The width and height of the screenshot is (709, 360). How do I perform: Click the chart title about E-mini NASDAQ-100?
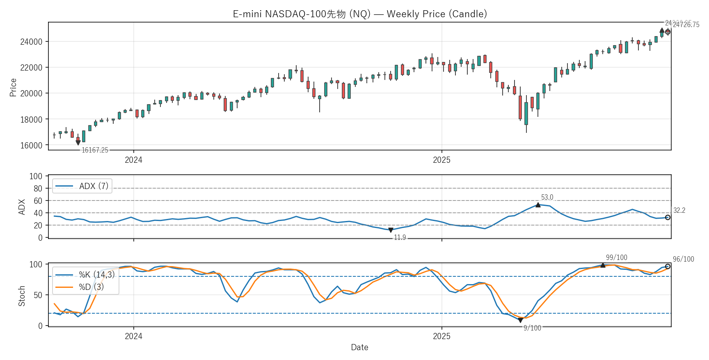[360, 14]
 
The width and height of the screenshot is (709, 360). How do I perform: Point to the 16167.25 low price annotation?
[95, 150]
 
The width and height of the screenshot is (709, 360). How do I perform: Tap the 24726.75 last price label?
[686, 25]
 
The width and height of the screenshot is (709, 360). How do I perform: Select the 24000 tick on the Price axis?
[31, 42]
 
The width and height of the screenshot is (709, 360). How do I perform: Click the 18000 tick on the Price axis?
[31, 120]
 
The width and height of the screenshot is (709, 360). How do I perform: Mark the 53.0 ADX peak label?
[547, 197]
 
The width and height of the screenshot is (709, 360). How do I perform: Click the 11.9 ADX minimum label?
[400, 237]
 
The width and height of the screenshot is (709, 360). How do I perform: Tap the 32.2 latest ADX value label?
[679, 210]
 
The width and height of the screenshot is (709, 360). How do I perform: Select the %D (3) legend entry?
[91, 287]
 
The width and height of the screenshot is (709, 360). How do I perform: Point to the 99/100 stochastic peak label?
[616, 257]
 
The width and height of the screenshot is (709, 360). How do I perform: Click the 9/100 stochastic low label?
[532, 328]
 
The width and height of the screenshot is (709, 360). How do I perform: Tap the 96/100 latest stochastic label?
[683, 259]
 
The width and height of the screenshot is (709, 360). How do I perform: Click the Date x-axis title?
[359, 347]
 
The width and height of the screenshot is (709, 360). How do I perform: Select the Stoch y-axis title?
[22, 296]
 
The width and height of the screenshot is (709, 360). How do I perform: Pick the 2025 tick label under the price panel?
[441, 160]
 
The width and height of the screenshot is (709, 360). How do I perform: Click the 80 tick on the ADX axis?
[38, 189]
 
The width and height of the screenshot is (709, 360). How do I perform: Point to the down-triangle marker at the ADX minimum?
[391, 230]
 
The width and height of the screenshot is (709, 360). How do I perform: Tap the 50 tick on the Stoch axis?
[38, 295]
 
